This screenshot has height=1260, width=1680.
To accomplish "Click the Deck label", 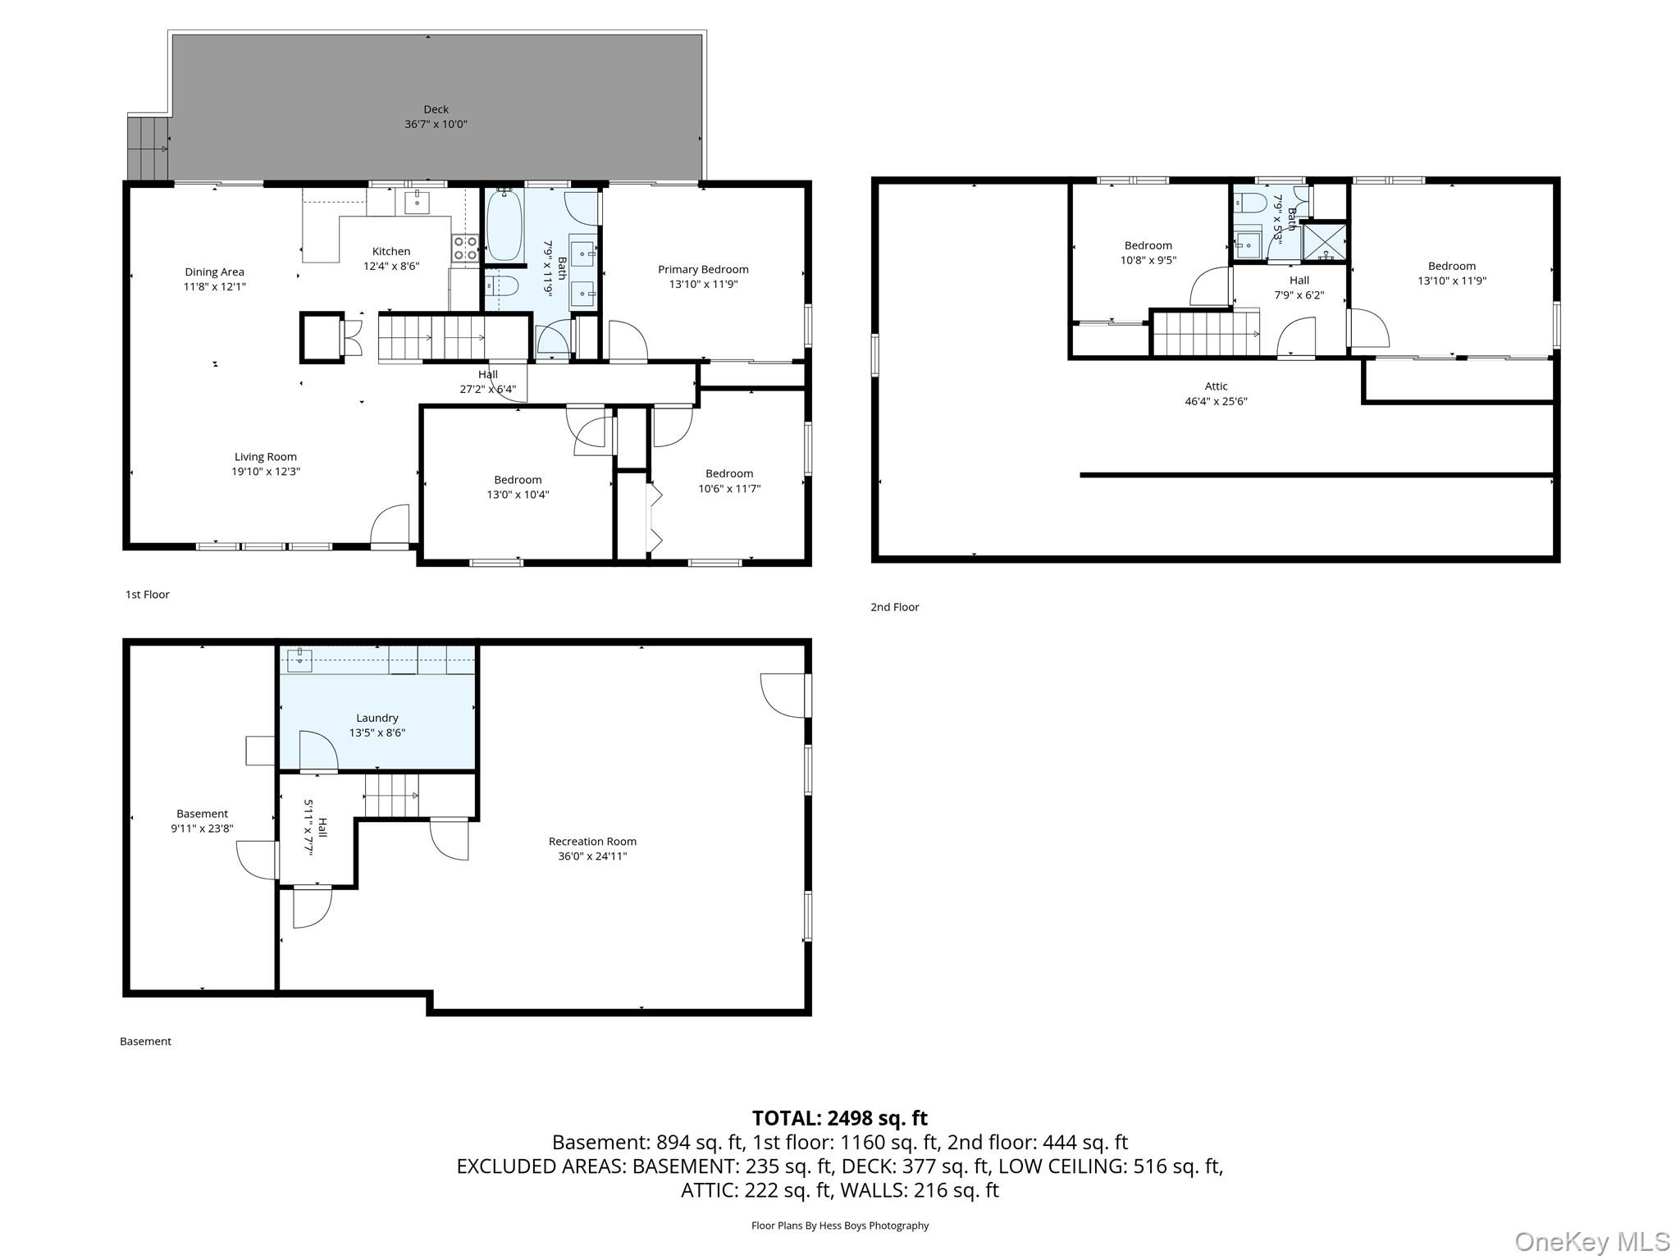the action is (436, 109).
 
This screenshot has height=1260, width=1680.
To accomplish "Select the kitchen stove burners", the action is (465, 248).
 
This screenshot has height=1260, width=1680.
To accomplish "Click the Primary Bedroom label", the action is (703, 269).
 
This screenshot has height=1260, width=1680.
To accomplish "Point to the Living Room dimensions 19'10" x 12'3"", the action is (266, 472).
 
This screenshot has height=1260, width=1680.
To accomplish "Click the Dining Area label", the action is (214, 272).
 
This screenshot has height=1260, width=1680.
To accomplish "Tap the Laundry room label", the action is (377, 718).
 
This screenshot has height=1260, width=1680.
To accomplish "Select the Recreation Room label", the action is (592, 841).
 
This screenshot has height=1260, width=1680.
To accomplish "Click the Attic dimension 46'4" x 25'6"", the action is (1216, 401).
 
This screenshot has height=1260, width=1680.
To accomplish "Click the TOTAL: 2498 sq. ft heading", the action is (840, 1118).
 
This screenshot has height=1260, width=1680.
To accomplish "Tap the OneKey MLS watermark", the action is (1591, 1242).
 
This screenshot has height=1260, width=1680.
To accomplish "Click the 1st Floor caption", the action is (148, 595).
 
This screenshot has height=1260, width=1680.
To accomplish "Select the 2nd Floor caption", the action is (895, 607).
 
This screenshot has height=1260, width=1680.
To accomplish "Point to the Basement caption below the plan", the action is (146, 1042).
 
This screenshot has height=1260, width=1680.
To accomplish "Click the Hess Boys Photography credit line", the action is (840, 1226).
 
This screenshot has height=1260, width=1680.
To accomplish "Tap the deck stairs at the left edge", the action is (148, 148).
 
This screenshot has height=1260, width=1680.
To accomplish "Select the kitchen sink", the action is (418, 201).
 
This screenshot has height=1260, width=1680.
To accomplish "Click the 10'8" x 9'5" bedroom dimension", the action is (1148, 260).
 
